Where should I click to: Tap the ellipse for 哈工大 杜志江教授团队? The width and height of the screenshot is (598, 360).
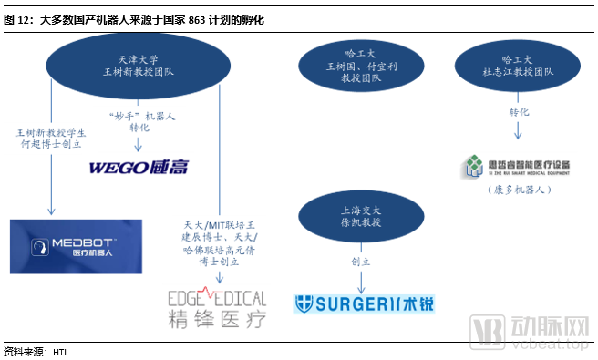517,65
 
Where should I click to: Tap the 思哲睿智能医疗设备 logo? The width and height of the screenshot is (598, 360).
517,166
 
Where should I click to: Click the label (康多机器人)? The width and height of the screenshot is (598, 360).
517,190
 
